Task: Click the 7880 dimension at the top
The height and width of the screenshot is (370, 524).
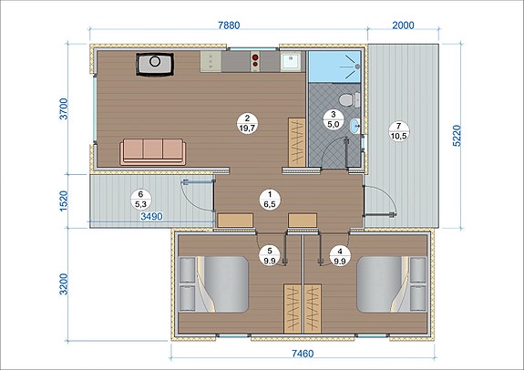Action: point(229,26)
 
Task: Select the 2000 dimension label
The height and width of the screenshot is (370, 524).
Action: point(403,26)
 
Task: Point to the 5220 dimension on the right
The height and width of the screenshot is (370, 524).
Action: point(457,136)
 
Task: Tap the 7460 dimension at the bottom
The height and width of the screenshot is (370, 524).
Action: point(303,354)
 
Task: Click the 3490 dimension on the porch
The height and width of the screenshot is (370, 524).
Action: point(151,217)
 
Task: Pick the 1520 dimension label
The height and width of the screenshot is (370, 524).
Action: point(64,200)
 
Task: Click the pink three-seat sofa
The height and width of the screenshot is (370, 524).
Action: point(153,152)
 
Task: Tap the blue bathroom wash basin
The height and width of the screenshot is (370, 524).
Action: point(354,126)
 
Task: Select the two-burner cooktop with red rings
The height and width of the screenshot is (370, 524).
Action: point(255,61)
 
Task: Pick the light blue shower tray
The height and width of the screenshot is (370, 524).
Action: point(334,67)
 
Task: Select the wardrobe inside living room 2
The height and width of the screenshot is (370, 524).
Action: point(297,142)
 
